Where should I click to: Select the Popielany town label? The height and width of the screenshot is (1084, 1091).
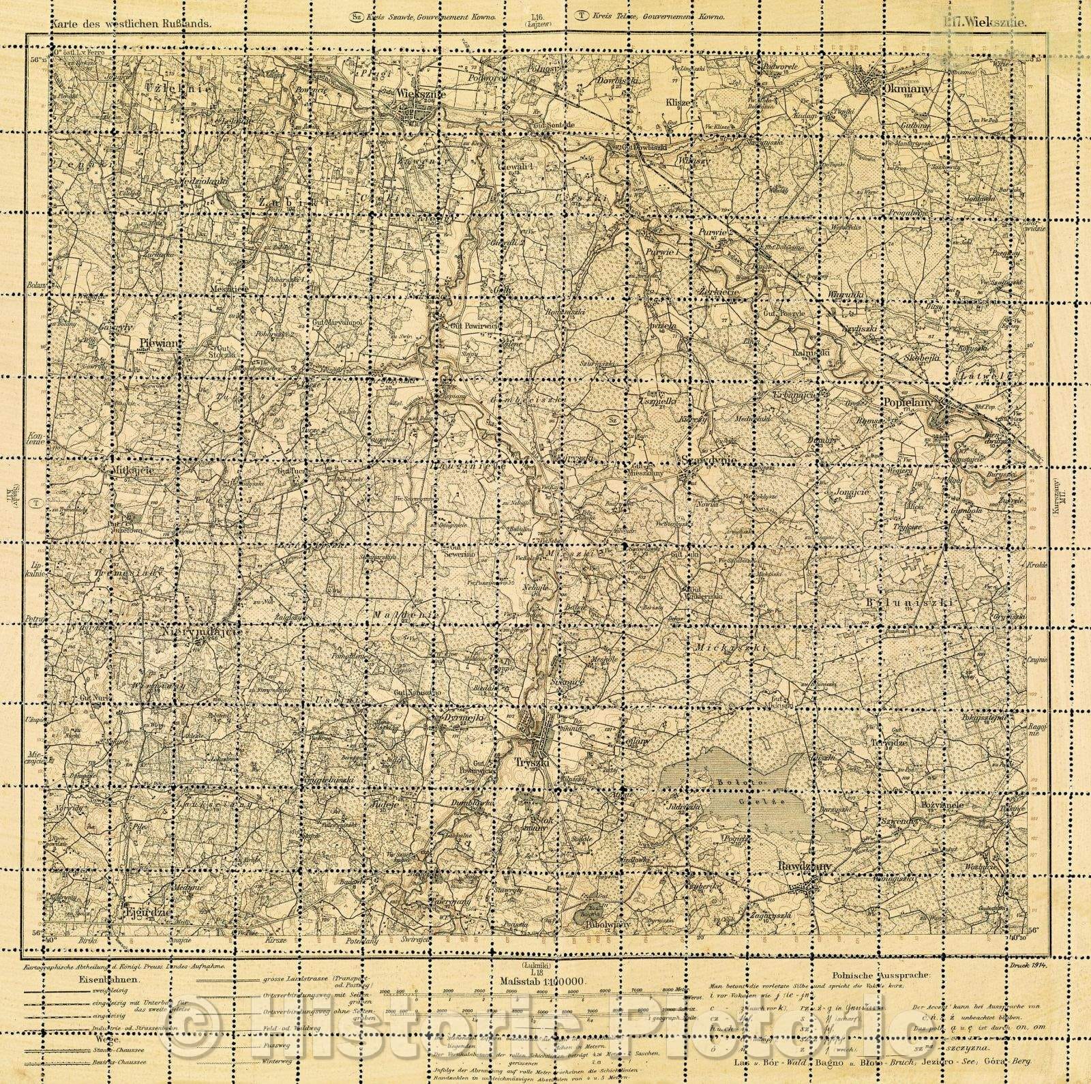907,403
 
